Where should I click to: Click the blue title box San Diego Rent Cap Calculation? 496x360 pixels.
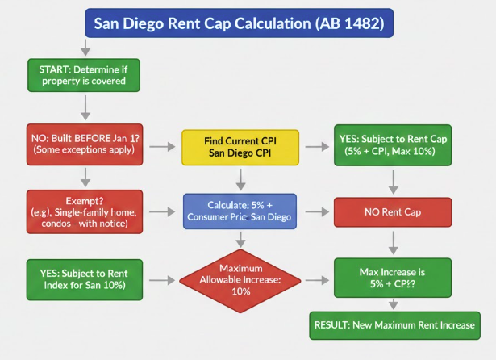(240, 23)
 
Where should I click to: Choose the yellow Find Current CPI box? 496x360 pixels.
(240, 146)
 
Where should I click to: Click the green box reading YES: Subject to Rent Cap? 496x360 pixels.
(391, 146)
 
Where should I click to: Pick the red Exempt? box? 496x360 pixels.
(83, 212)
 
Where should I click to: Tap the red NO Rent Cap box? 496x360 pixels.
(391, 213)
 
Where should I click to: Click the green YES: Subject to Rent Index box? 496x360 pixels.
(83, 280)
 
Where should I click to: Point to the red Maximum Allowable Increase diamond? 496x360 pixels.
(240, 280)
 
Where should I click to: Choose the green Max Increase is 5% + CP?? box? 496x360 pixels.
(391, 280)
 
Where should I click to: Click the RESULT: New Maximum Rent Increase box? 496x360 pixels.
(392, 325)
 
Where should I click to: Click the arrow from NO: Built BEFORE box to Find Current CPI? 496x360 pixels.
(161, 147)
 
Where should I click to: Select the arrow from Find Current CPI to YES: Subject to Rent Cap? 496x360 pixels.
(315, 147)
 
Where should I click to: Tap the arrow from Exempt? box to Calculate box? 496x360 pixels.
(161, 213)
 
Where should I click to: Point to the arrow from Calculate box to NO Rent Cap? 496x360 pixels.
(315, 213)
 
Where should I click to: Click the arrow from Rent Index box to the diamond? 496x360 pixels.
(161, 281)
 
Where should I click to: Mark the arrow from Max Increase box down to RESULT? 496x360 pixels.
(391, 304)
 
